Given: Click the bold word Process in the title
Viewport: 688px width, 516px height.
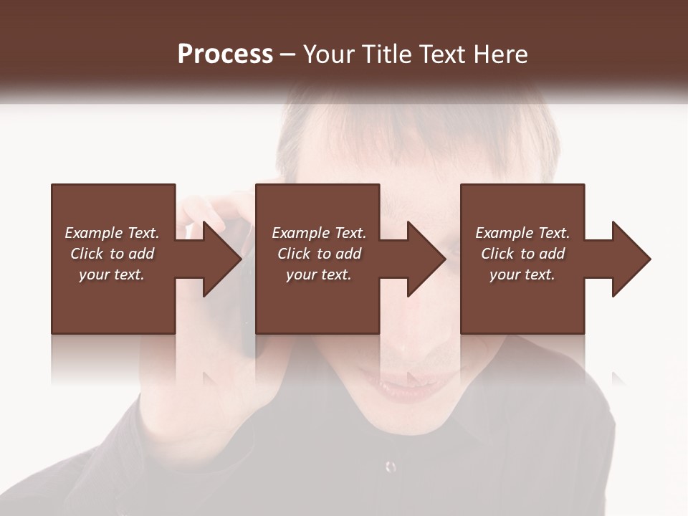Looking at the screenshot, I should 225,54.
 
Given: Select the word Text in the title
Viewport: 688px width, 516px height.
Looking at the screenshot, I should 440,54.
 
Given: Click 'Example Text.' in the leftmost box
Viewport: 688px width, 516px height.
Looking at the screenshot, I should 112,233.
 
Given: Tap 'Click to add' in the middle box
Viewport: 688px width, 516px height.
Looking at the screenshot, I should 319,254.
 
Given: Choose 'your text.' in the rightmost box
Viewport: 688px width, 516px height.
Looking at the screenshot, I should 522,274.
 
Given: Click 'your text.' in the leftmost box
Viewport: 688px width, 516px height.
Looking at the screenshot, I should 112,274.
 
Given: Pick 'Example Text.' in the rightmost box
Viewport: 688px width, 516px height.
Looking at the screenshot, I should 522,233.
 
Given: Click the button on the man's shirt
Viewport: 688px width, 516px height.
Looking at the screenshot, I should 391,467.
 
